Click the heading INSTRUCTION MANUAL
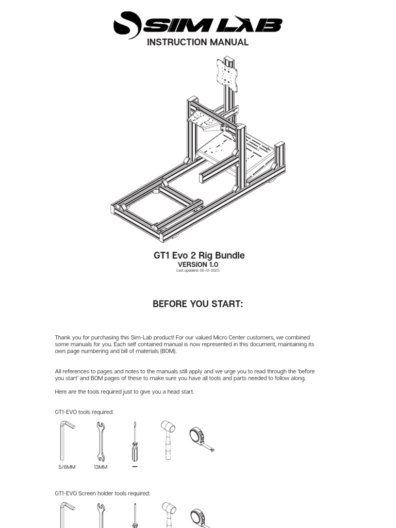coord(197,42)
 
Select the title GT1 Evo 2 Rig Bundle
coord(199,255)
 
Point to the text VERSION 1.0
coord(198,265)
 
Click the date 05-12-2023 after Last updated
coord(209,271)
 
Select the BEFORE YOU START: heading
coord(197,304)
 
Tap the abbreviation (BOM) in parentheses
coord(167,351)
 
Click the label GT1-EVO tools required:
coord(84,412)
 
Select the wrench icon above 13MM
coord(101,441)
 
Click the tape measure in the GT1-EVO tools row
coord(201,439)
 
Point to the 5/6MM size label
coord(67,467)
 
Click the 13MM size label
coord(101,467)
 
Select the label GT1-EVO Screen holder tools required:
coord(102,493)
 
